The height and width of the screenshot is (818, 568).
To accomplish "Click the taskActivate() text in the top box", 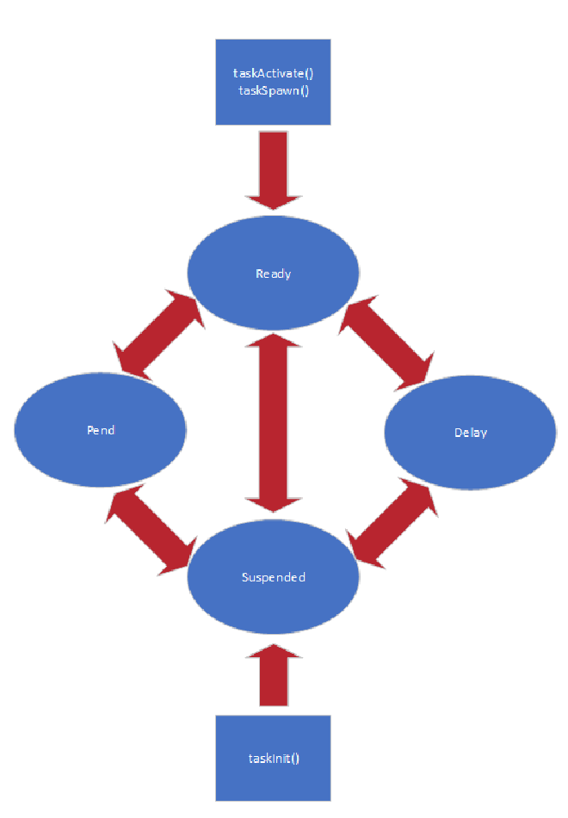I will coord(273,74).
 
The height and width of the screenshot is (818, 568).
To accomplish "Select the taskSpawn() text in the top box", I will coord(273,89).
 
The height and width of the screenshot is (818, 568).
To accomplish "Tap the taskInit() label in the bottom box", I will coord(273,758).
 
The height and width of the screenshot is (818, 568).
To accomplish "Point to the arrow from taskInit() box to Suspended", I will coord(274,676).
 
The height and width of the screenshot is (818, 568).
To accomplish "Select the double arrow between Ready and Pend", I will coord(159,335).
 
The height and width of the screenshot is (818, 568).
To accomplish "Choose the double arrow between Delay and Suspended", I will coord(392,524).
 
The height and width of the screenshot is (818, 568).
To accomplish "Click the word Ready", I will coord(274,274).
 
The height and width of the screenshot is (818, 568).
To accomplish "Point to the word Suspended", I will coord(274,577).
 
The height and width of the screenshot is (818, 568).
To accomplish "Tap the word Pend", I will coord(101,430).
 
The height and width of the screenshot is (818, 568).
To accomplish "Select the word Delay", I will coord(470,432).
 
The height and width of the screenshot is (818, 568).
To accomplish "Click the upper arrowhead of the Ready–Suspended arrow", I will coord(274,339).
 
